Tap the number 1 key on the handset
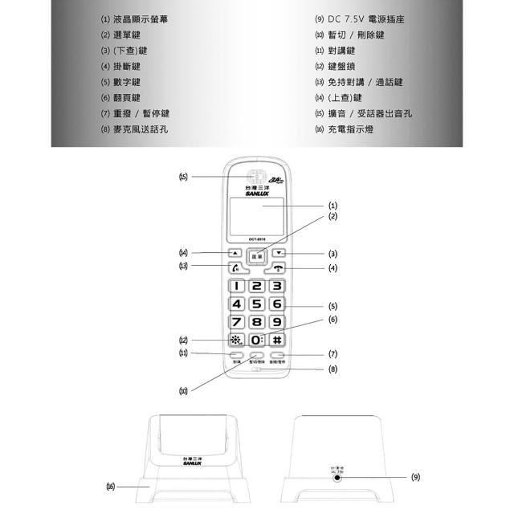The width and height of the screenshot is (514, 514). pyautogui.click(x=238, y=285)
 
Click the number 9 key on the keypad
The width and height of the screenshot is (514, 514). pyautogui.click(x=276, y=322)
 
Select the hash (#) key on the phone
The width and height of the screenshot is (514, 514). pyautogui.click(x=276, y=340)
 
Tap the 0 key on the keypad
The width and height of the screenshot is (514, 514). pyautogui.click(x=257, y=340)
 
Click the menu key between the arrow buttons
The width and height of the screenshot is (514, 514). pyautogui.click(x=256, y=257)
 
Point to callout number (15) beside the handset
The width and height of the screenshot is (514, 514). pyautogui.click(x=184, y=177)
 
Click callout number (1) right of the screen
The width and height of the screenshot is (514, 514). pyautogui.click(x=332, y=206)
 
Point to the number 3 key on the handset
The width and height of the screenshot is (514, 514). pyautogui.click(x=276, y=285)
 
